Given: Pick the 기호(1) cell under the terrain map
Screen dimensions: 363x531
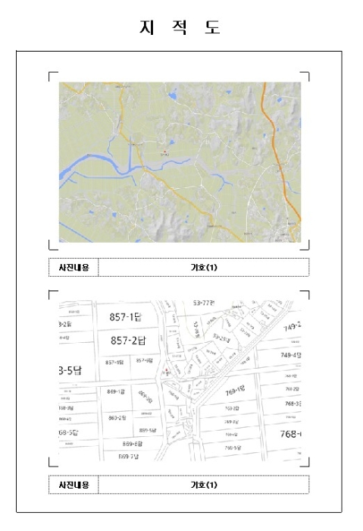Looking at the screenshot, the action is coord(203,267).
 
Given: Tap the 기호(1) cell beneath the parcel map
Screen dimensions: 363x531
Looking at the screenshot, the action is coord(203,485).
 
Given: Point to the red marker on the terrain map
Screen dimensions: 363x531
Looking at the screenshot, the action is coord(164,152).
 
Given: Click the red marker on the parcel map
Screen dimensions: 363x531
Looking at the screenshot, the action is coord(166,369).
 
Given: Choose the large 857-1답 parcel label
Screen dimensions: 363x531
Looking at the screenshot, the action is coord(130,316).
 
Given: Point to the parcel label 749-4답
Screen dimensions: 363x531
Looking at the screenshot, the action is coord(291,355).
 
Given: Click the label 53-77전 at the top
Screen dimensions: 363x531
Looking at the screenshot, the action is coord(204,302).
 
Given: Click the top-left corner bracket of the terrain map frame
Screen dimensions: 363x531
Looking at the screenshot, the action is coord(52,75).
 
